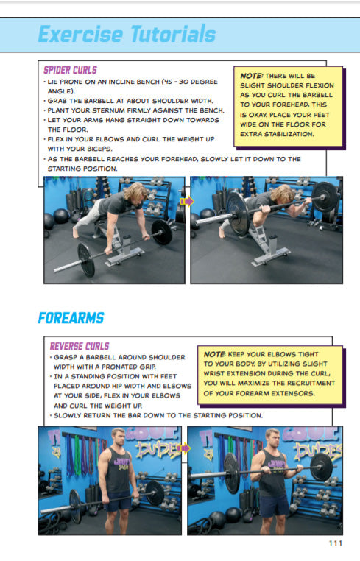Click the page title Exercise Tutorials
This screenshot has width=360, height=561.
(x=127, y=35)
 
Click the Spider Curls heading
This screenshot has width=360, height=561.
(x=70, y=70)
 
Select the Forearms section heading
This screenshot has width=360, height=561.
(x=71, y=318)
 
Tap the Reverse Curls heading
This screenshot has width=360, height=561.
(x=79, y=346)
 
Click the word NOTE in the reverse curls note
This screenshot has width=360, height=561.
(x=215, y=354)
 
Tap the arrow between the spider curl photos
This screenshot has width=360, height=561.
(x=187, y=200)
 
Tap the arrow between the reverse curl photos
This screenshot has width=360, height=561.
(x=184, y=449)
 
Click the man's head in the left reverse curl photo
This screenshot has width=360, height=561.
(x=118, y=437)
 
